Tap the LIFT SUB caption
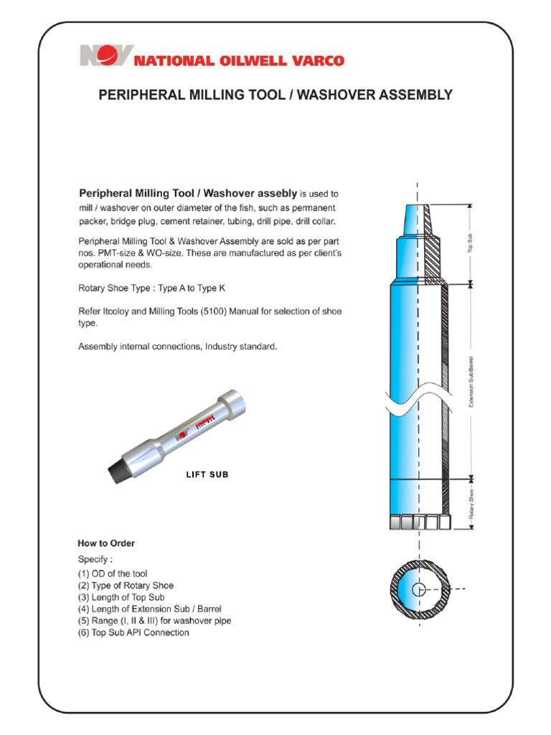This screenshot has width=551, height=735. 207,474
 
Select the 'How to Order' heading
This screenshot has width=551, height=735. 106,543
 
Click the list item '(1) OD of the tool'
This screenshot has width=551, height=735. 113,574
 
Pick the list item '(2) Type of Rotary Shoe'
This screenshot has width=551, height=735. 126,586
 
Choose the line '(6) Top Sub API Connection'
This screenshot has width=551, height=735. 133,632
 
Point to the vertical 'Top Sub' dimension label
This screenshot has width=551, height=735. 471,243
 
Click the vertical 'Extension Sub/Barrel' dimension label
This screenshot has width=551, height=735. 471,380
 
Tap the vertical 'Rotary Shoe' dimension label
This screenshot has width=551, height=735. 471,503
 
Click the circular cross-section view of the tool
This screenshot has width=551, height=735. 419,590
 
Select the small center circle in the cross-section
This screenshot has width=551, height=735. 419,590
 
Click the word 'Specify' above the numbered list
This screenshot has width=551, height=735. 95,558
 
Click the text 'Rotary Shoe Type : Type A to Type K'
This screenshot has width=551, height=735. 155,288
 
